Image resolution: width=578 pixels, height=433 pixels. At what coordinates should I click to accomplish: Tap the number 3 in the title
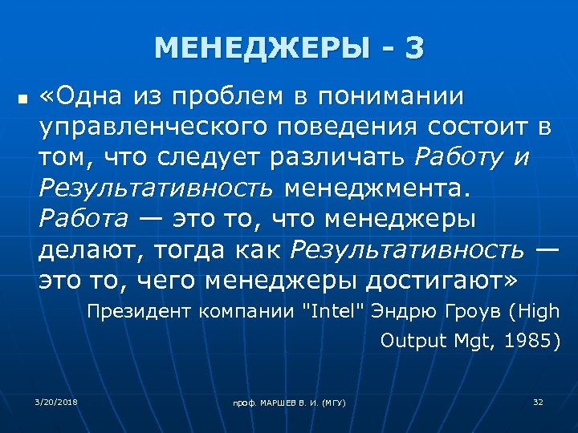coord(414,49)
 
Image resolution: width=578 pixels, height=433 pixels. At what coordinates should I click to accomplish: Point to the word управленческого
coord(142,127)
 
